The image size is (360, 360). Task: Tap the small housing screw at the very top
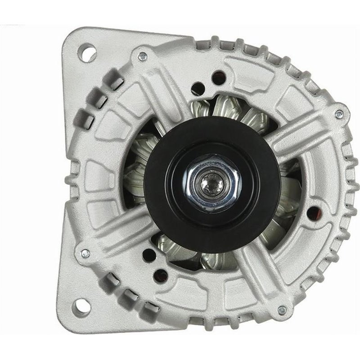pos(143,56)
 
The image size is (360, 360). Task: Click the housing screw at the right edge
pos(339,113)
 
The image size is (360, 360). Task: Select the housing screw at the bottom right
pos(282,310)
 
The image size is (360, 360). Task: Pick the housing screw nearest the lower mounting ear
pos(84,253)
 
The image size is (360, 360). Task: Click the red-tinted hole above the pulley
pos(219,75)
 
